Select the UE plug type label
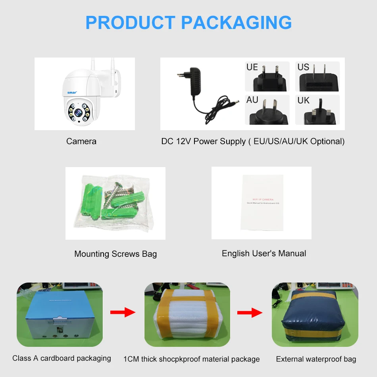[252, 67]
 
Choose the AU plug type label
[252, 100]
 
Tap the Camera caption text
[81, 141]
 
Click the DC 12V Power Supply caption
[253, 141]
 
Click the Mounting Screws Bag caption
[115, 254]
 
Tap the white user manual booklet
[262, 202]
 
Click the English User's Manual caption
[264, 253]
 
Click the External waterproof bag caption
[316, 359]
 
